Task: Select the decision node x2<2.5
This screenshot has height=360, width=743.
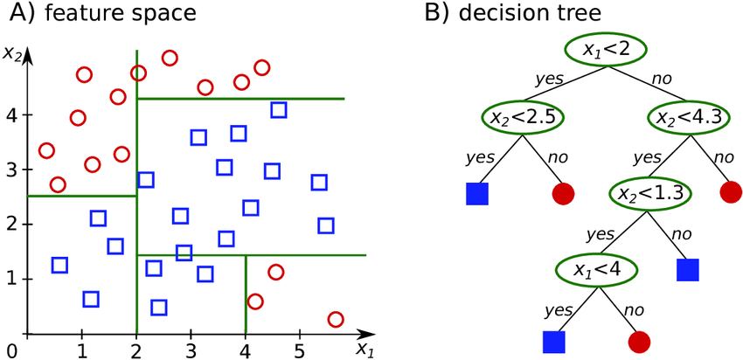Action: pos(522,115)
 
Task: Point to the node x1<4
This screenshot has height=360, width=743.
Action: pos(599,268)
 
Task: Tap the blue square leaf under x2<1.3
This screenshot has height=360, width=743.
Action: pos(689,268)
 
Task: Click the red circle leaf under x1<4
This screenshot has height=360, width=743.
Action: pos(639,342)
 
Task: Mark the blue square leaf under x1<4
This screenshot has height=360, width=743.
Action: pos(553,342)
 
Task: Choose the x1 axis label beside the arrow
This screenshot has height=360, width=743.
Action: pos(364,350)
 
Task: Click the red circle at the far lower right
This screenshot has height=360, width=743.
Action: pos(336,319)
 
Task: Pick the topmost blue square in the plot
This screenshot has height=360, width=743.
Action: pos(278,110)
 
